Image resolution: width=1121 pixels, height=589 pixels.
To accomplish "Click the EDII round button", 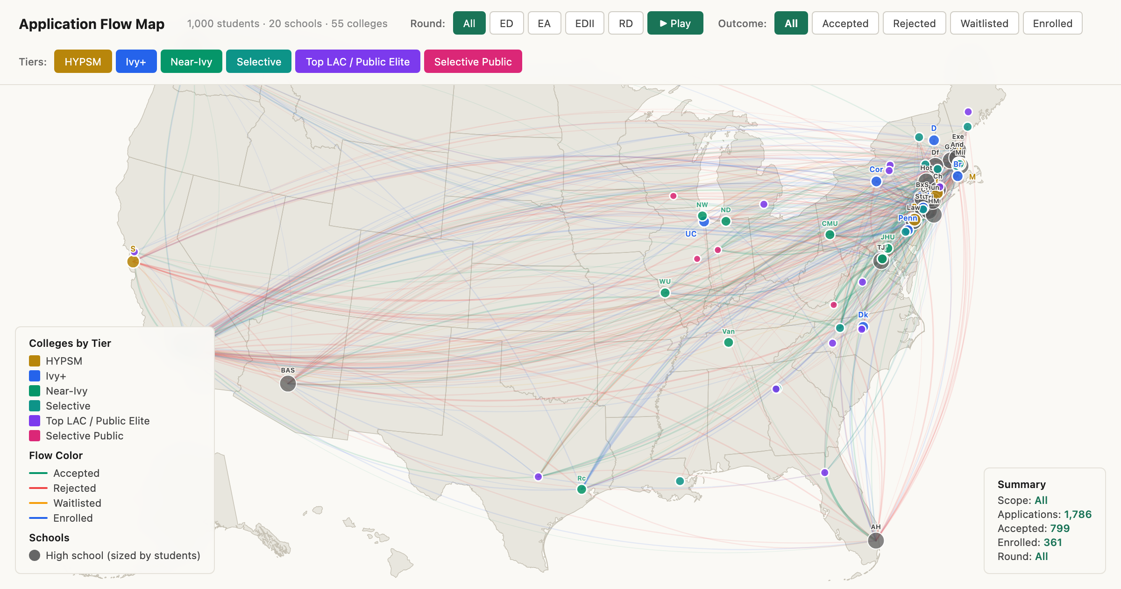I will pos(584,23).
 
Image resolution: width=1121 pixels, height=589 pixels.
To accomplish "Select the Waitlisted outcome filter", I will pos(984,23).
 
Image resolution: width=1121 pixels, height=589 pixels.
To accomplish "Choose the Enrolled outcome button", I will pos(1052,23).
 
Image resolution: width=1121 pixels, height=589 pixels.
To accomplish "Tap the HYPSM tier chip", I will pos(83,62).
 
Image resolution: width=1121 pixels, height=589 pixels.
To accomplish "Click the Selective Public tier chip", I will pos(473,62).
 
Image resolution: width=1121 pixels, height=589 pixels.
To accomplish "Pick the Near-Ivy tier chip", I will pos(191,62).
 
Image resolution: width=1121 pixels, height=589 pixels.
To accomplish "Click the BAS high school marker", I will pos(288,383).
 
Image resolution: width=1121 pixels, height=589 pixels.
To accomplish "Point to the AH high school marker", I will pos(876,540).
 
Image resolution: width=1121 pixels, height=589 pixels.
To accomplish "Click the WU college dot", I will pos(665,293).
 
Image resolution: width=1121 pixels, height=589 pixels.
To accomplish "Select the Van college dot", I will pos(728,343).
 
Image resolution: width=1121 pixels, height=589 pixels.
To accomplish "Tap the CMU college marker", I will pos(830,234).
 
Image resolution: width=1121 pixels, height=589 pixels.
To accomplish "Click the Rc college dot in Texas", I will pos(582,489).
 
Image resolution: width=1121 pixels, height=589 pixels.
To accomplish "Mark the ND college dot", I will pos(726,221).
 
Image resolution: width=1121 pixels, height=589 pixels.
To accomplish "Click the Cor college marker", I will pos(876,181).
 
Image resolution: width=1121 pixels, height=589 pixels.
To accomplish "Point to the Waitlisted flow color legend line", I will pos(38,503).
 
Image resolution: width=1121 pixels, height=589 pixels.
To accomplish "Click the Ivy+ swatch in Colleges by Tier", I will pos(35,376).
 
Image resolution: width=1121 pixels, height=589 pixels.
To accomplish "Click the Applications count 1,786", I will pos(1078,514).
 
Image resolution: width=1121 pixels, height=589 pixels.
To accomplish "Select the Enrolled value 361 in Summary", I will pos(1053,542).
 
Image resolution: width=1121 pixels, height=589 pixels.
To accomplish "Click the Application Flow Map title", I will pos(92,24).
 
